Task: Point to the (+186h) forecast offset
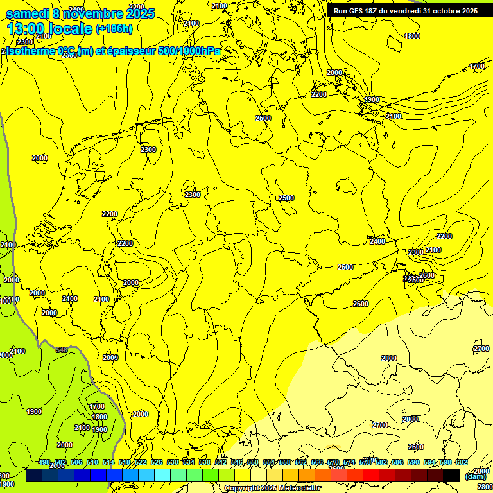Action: pos(114,28)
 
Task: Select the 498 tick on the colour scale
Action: pos(44,462)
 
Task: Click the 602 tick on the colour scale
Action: pos(462,462)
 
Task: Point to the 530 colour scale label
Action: pos(173,462)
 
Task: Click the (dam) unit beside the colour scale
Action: pos(475,476)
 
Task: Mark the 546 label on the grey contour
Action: pos(62,350)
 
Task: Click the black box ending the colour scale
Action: pos(451,475)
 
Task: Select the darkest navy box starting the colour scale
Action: pos(34,475)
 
